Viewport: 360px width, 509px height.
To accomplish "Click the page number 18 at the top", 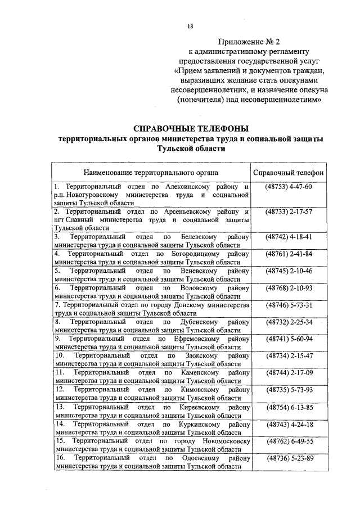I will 190,26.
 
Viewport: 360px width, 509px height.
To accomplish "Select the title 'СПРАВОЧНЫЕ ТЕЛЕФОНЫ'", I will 191,128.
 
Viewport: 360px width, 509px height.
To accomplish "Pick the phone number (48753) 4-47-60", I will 288,186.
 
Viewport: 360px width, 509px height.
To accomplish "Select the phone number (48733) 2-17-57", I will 288,211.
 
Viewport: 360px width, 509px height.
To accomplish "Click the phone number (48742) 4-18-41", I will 288,237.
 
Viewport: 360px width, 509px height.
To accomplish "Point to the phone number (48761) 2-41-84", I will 288,254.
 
